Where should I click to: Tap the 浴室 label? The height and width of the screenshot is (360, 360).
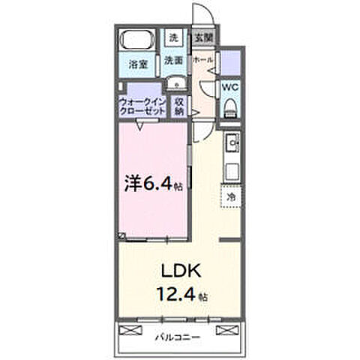pos(136,64)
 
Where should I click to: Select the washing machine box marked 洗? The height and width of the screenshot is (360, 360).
pos(173,37)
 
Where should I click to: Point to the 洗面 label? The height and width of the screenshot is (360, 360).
pos(174,61)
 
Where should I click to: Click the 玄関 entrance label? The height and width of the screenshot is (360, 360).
pos(202,36)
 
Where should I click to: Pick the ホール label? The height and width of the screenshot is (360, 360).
pos(202,58)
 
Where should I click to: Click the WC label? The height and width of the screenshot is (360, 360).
pos(230,87)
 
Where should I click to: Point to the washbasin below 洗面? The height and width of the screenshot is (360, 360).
pos(174,83)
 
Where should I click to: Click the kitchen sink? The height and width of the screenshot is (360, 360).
pos(231,140)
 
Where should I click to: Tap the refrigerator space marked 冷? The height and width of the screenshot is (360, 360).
pos(230,196)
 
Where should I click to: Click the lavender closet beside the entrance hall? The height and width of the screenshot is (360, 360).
pos(231,60)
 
